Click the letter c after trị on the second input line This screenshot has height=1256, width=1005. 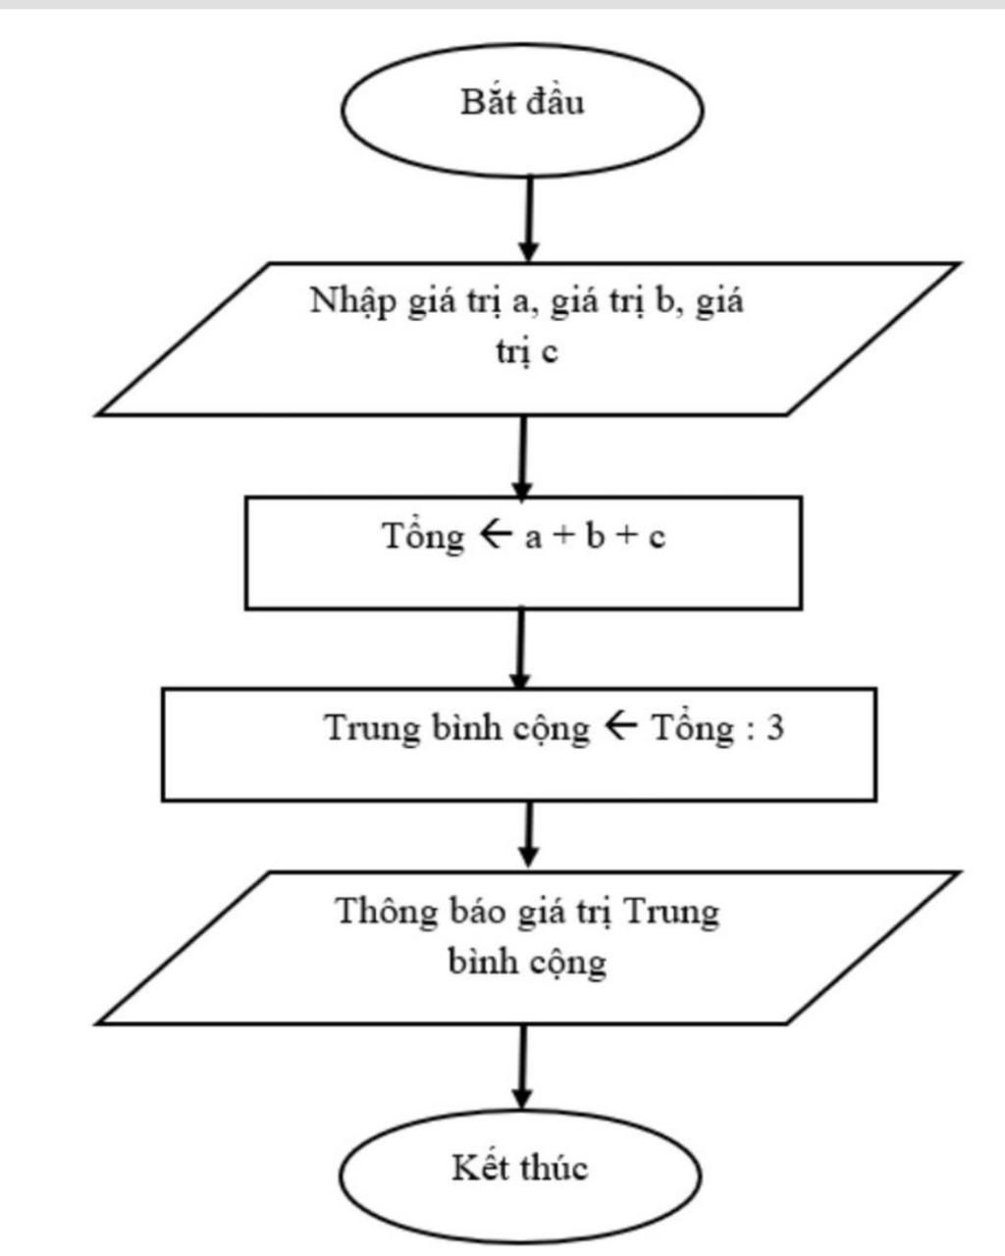(x=549, y=350)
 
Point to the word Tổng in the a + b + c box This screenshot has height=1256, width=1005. (x=422, y=537)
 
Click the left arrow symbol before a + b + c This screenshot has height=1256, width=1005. (x=494, y=536)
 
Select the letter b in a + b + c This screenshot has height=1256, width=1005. (x=595, y=537)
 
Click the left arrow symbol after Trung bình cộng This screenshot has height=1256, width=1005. (x=621, y=728)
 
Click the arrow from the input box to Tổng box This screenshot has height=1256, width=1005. (x=523, y=455)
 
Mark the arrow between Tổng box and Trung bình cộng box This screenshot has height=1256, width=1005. (x=521, y=648)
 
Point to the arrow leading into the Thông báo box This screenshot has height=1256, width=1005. (x=528, y=834)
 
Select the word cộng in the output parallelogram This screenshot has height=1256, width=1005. (x=568, y=962)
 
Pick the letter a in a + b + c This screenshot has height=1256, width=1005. (x=533, y=538)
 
